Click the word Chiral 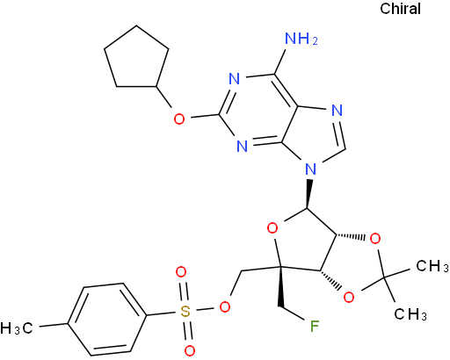(x=400, y=9)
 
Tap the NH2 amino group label (x=301, y=39)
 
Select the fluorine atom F (x=315, y=327)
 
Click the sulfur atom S (x=185, y=312)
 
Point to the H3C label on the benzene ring (x=17, y=328)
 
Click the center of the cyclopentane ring (x=136, y=60)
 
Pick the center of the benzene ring (x=107, y=320)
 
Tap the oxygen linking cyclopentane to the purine (x=179, y=119)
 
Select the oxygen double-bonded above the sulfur (x=181, y=272)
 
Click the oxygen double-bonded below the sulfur (x=190, y=350)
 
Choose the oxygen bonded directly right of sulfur (x=225, y=306)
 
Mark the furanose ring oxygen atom (x=272, y=228)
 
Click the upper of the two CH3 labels (x=432, y=266)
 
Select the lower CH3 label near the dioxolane (x=410, y=314)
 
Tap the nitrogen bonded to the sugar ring (x=310, y=169)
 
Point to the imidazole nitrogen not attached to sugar (x=337, y=111)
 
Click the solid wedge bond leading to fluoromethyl (x=279, y=287)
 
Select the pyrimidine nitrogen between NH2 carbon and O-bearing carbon (x=234, y=79)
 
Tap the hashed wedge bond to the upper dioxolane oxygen (x=351, y=236)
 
